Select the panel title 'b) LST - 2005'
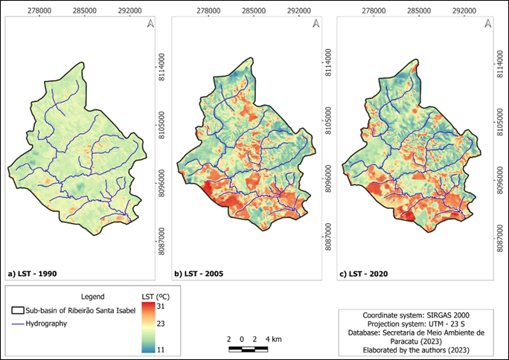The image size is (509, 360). [200, 274]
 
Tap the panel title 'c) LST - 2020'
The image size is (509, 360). [365, 274]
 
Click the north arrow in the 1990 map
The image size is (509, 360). [151, 25]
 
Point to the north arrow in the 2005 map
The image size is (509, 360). [316, 25]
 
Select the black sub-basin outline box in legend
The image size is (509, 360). [18, 310]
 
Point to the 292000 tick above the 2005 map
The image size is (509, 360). [298, 10]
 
